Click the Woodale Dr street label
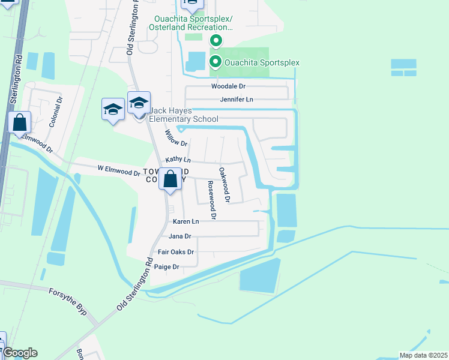point(229,86)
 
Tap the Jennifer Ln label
point(237,99)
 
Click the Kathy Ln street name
point(178,160)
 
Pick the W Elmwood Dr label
point(118,171)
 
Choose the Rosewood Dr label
point(211,200)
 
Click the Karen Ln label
point(185,221)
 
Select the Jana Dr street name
point(179,236)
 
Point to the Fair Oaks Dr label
point(175,252)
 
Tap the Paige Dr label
point(167,267)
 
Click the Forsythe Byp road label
point(73,299)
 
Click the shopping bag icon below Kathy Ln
point(170,179)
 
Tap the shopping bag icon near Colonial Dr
point(20,122)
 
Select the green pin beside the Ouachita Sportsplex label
point(215,61)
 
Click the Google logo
point(19,353)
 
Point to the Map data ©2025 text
point(423,355)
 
